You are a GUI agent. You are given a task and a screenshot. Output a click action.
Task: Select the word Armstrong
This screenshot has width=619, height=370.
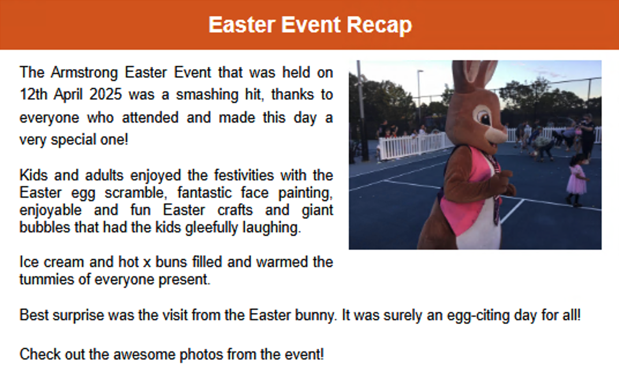[x=84, y=73]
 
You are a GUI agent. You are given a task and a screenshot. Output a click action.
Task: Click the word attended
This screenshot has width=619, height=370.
[x=150, y=117]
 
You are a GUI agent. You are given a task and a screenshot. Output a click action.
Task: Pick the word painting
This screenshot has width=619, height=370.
[x=305, y=194]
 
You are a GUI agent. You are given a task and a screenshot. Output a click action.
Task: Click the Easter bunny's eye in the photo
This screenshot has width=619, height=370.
[x=484, y=117]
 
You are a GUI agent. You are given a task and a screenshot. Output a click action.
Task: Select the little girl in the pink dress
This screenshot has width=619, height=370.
[x=576, y=180]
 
